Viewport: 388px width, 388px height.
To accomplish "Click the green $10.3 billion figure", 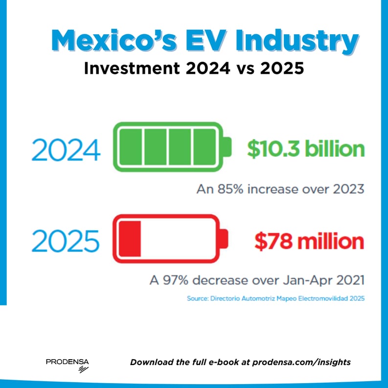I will click(305, 149).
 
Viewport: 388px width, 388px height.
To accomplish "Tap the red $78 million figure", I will click(309, 241).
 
